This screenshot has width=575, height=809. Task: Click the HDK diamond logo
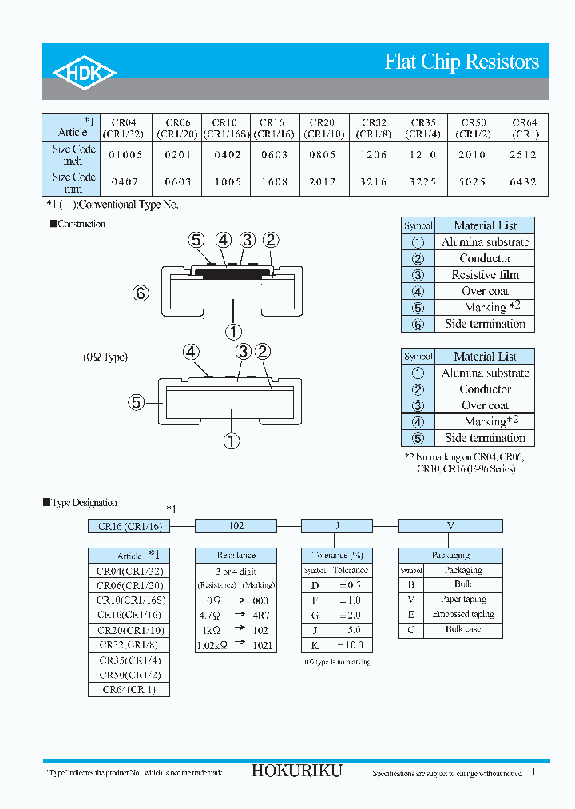(x=85, y=73)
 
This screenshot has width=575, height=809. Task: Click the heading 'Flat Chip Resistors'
(x=462, y=62)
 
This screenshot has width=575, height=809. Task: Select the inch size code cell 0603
(x=274, y=155)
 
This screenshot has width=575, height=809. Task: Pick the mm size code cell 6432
(x=524, y=182)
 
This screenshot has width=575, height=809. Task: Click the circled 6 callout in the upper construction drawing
(x=141, y=293)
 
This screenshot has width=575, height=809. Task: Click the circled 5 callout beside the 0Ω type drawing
(x=137, y=402)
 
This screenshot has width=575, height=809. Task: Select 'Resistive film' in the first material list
(x=485, y=275)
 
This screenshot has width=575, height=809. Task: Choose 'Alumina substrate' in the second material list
(x=485, y=373)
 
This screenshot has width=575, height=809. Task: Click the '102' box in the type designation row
(x=236, y=526)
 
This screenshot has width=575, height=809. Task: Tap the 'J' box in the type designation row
(x=337, y=526)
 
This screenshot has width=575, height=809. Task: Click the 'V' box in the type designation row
(x=450, y=526)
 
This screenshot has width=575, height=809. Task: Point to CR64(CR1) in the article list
(x=129, y=689)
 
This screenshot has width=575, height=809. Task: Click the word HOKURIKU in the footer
(x=296, y=771)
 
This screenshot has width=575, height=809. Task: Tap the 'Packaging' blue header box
(x=450, y=555)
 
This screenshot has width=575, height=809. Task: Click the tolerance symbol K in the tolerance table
(x=315, y=645)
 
